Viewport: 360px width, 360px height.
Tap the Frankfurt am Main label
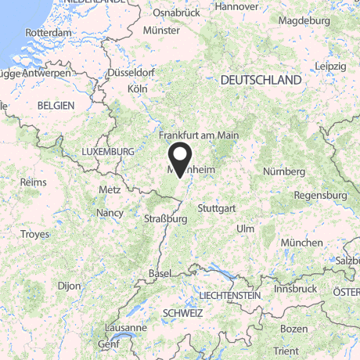199,135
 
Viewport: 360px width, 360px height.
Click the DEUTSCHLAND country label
261,81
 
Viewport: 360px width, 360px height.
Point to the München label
301,243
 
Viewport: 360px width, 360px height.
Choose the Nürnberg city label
283,171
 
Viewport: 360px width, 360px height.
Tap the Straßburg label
165,219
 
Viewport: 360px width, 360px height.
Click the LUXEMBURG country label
109,150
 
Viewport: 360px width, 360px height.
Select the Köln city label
137,89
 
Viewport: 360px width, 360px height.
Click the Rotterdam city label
49,33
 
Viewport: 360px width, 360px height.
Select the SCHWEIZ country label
182,312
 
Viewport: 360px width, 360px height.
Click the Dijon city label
69,286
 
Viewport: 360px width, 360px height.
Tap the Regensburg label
322,194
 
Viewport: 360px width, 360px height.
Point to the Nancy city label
110,212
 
